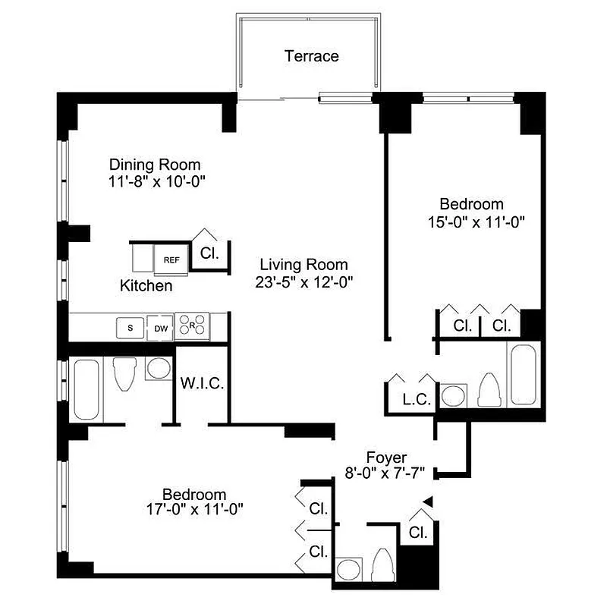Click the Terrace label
tap(311, 56)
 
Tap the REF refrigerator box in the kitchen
tap(171, 259)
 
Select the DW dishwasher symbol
tap(160, 328)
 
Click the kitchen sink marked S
tap(131, 328)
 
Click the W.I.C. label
tap(202, 383)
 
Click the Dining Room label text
tap(155, 165)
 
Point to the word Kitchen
tap(146, 286)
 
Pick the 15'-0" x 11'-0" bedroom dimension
tap(472, 222)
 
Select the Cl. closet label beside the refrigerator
tap(209, 253)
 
